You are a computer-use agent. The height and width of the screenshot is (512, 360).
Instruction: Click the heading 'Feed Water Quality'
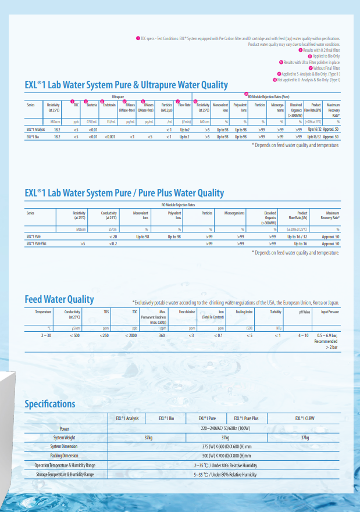pos(59,299)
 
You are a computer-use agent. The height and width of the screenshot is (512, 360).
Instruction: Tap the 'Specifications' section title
pos(49,404)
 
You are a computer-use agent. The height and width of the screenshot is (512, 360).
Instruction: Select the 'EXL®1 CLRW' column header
pos(305,418)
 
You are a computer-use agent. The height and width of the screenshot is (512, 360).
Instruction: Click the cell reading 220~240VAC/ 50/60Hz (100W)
pos(225,427)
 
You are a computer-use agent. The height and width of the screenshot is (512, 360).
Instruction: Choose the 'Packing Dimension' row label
pos(64,456)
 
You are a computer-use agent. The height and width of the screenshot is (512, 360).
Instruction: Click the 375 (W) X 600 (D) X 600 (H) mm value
pos(225,446)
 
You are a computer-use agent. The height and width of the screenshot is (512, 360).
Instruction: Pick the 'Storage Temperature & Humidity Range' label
pos(64,475)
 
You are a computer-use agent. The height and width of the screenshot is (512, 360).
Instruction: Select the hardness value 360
pos(162,336)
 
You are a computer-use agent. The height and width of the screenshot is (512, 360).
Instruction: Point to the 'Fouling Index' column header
pos(244,312)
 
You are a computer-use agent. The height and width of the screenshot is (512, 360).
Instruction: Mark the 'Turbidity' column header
pos(276,312)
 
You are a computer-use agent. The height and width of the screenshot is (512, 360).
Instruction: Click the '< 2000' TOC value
pos(131,336)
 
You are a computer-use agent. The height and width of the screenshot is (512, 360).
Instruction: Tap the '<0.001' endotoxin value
pos(110,137)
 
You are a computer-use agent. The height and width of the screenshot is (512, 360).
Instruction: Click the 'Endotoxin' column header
pos(109,105)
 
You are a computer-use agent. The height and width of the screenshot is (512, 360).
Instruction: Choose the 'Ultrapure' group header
pos(118,97)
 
